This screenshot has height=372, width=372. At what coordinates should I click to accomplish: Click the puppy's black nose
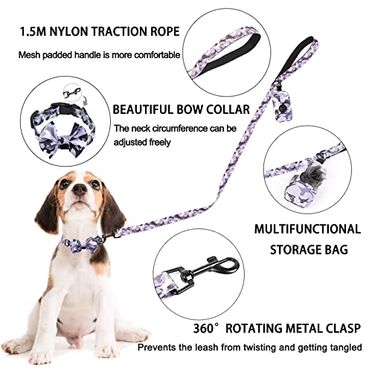pos(80,190)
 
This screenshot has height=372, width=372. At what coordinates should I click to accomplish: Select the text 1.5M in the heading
pos(33,31)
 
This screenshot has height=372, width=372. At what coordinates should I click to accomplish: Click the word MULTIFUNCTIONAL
pos(307,229)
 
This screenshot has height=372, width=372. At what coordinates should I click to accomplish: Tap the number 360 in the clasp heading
pos(203,328)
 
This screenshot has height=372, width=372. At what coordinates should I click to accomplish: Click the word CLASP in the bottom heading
pos(342,328)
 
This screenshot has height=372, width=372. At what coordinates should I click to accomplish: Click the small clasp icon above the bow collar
pos(72,93)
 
